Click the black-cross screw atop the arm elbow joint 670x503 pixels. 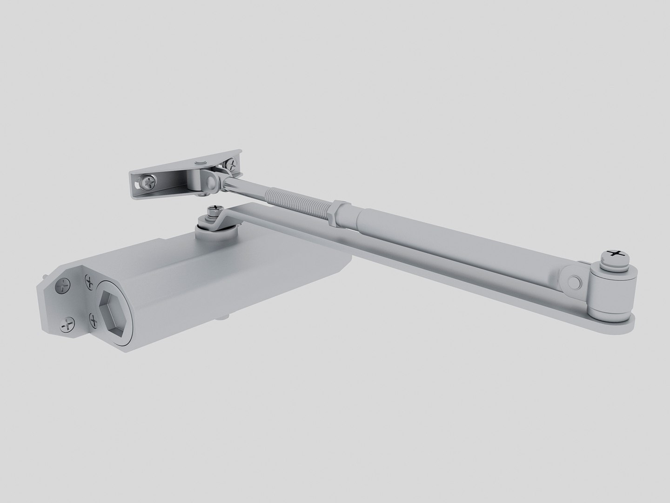pyautogui.click(x=617, y=254)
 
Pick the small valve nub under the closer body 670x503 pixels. pyautogui.click(x=225, y=318)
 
